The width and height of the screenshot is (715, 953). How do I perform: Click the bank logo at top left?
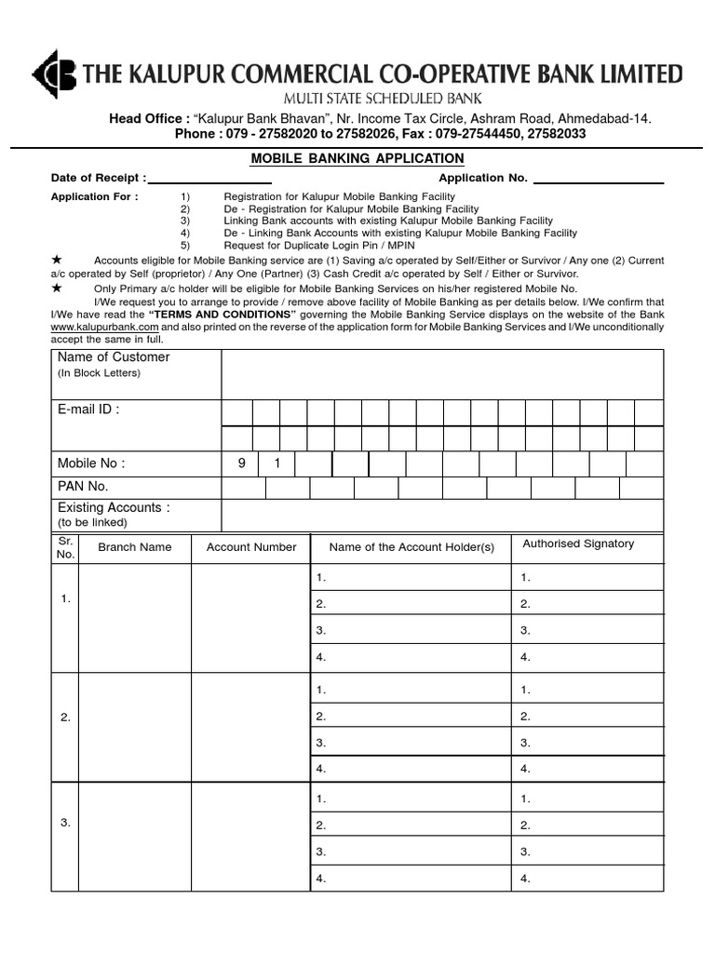pos(55,74)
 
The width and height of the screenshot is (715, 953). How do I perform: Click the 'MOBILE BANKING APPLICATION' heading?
pos(357,159)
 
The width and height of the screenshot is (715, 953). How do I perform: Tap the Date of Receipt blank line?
pos(209,177)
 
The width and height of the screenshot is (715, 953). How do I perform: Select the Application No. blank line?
pos(598,177)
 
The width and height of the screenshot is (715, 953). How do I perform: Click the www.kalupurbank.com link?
pos(105,328)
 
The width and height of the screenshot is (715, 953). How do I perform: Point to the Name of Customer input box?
pos(442,374)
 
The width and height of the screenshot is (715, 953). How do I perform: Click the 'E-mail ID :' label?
pos(88,409)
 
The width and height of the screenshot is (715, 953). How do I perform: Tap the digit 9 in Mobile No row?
pos(240,463)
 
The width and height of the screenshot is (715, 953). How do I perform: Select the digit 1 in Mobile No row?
pos(277,463)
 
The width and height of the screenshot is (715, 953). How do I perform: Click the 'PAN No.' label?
pos(83,486)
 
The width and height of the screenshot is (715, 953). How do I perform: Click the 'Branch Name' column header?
pos(135,547)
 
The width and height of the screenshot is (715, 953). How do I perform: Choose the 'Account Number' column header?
pos(251,547)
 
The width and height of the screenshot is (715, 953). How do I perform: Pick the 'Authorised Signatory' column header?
pos(578,544)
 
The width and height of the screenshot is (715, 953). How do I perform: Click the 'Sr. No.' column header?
pos(65,547)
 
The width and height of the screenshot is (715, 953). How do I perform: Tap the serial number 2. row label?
pos(65,717)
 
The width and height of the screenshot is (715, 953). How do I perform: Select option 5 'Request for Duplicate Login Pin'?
pos(319,245)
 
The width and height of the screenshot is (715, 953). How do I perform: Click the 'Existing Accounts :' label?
pos(114,508)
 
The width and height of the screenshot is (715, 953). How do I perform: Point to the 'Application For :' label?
pos(94,197)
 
